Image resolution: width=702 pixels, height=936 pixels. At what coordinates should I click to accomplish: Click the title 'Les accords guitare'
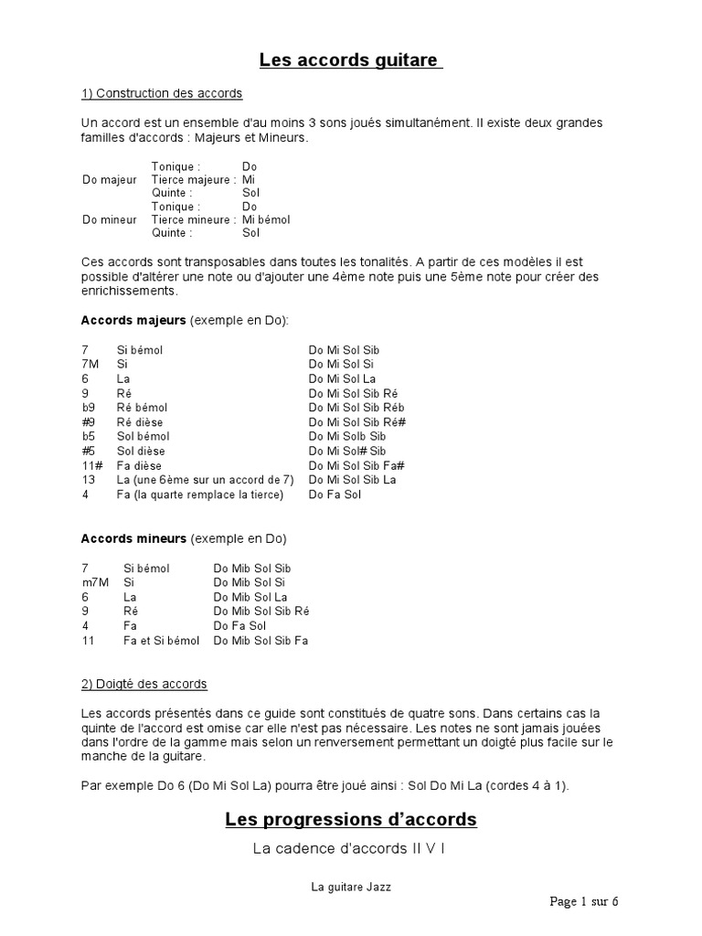pos(351,61)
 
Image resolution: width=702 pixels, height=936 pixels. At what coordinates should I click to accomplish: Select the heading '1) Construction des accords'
pos(162,94)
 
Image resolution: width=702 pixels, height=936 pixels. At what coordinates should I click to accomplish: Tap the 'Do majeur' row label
pos(109,180)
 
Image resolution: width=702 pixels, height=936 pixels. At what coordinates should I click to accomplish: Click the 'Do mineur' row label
pos(109,219)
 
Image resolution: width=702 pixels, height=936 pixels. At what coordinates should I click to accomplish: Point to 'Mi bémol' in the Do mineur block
pos(266,219)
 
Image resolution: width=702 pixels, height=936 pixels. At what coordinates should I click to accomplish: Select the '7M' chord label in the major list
pos(90,364)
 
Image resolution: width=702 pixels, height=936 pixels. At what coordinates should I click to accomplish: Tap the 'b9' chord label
pos(88,407)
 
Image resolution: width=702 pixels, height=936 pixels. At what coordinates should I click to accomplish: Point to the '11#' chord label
pos(90,465)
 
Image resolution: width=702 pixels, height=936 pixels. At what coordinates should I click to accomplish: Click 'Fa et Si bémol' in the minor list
pos(161,640)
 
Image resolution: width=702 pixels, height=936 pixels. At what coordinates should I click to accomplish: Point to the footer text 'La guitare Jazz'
pos(350,886)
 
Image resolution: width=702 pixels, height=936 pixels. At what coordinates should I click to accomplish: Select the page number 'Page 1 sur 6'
pos(584,901)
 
